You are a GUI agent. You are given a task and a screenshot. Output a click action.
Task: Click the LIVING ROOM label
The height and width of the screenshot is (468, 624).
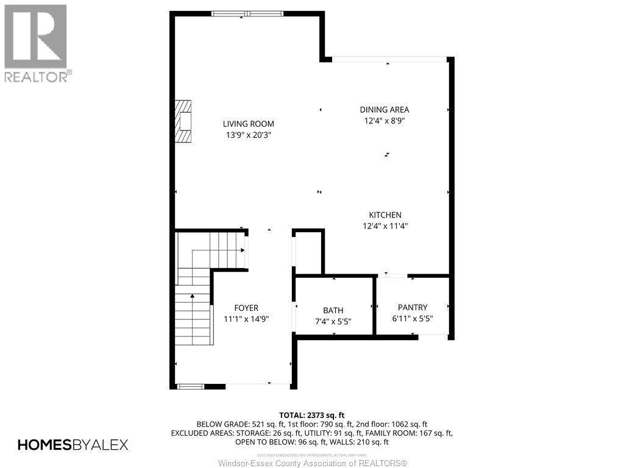(248, 124)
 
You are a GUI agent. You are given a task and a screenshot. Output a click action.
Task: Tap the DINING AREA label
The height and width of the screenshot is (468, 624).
(384, 110)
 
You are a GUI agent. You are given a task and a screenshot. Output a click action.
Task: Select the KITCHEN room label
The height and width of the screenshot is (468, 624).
(385, 214)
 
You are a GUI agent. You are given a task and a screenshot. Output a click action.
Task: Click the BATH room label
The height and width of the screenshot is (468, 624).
(333, 310)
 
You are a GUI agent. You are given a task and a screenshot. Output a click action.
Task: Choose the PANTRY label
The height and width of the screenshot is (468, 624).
(413, 307)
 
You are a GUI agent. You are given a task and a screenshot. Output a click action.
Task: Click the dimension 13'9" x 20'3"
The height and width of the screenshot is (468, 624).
(248, 135)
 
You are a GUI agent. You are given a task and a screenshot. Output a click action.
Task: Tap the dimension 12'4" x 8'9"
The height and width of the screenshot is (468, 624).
(384, 121)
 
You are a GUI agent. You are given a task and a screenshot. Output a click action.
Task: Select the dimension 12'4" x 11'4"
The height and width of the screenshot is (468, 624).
(385, 226)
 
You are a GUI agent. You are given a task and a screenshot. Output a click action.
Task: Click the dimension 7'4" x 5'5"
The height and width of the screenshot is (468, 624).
(333, 321)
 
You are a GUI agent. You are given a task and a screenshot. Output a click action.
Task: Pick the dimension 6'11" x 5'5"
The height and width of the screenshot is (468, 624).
(413, 318)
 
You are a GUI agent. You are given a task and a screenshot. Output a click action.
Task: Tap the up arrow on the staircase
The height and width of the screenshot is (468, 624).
(193, 297)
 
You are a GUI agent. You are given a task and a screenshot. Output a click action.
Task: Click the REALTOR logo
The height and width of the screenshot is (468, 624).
(36, 43)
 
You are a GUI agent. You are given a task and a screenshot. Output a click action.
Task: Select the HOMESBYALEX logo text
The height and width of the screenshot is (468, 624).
(73, 445)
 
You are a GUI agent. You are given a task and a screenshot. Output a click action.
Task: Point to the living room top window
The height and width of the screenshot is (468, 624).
(247, 13)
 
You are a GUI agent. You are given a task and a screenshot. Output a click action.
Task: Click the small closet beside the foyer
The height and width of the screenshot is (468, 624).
(308, 252)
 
